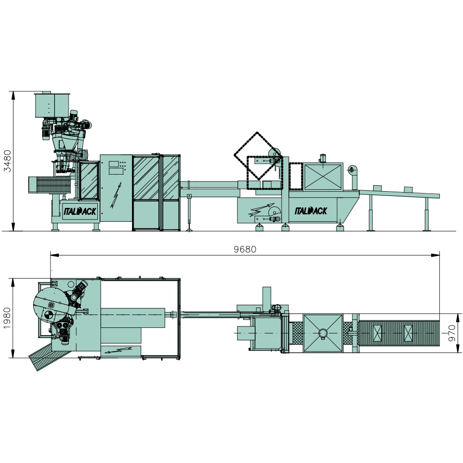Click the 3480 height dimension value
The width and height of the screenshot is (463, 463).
[7, 161]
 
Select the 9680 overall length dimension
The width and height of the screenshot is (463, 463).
[245, 250]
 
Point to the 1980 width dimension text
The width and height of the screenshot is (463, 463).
[7, 318]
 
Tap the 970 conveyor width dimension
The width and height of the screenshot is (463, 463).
[452, 333]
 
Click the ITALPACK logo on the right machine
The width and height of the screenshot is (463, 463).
[311, 211]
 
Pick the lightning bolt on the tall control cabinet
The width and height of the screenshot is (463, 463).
[116, 195]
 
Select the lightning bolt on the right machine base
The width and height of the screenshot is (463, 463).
[261, 209]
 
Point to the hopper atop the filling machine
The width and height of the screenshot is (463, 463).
[52, 105]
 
